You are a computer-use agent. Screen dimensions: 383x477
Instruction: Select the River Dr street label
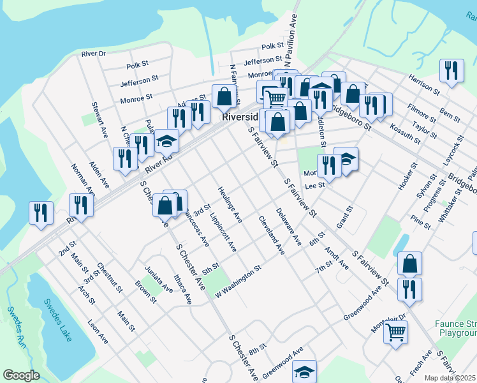coord(93,54)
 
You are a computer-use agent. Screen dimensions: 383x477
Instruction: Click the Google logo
coord(21,375)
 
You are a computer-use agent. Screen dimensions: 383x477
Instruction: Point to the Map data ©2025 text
coord(450,378)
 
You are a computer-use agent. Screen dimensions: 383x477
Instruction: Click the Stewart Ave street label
coord(100,120)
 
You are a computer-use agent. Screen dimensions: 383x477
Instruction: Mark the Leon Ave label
coord(98,332)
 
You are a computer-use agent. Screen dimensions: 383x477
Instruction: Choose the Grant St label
coord(344,218)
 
